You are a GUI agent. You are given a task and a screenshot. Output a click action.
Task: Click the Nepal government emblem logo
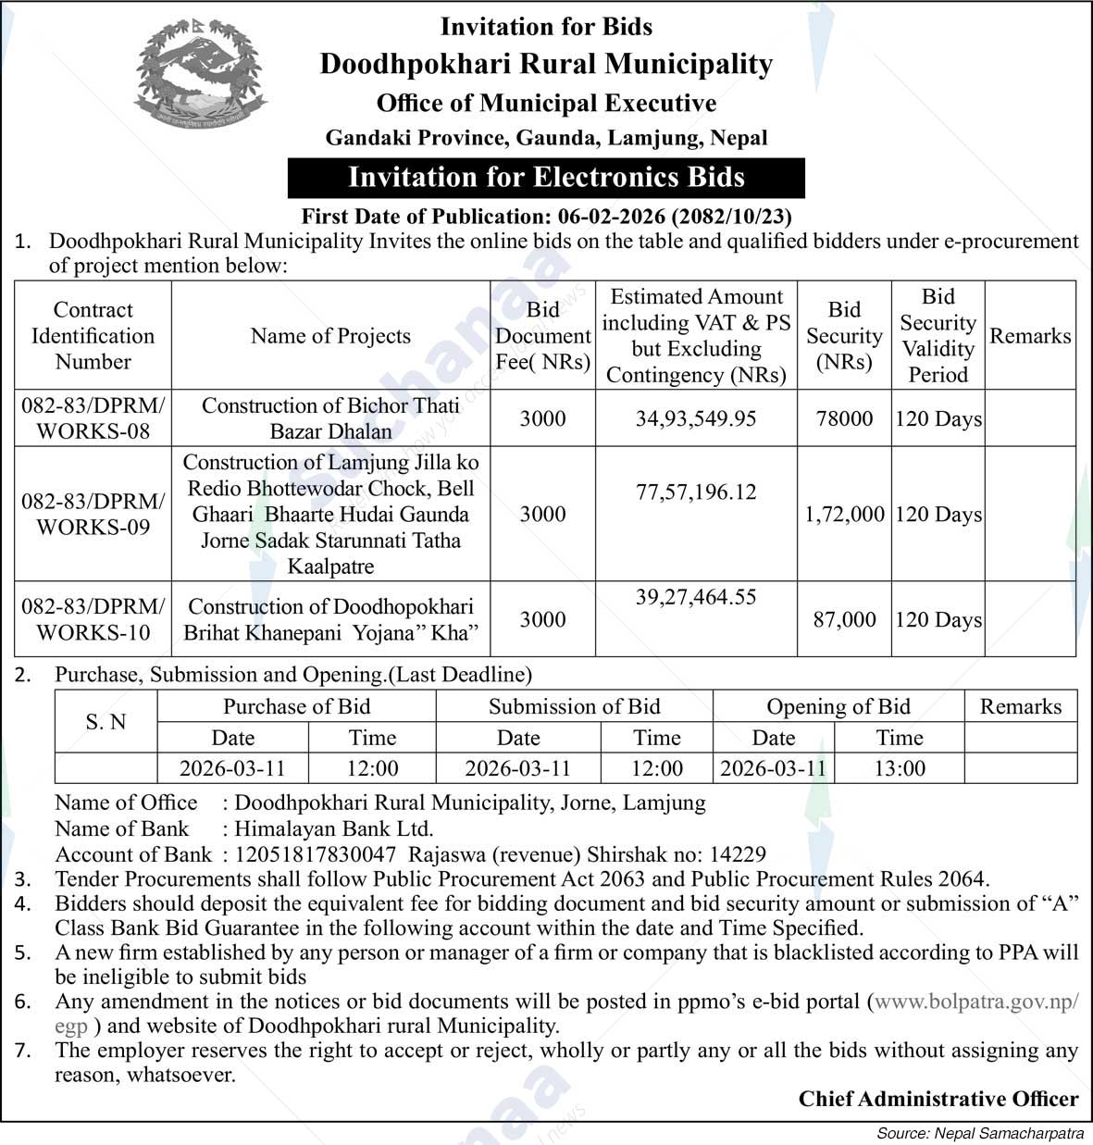tap(200, 73)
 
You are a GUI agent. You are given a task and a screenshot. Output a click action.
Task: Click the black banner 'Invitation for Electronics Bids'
tap(546, 177)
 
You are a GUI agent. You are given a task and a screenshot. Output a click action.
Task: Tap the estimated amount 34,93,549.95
tap(696, 418)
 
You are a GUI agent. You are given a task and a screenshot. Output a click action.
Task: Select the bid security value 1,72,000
tap(844, 515)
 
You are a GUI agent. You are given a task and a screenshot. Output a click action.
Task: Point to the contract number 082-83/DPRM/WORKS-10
tap(93, 619)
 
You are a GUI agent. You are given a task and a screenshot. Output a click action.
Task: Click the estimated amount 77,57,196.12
tap(696, 492)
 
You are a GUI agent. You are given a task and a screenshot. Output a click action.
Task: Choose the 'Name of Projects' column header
tap(330, 336)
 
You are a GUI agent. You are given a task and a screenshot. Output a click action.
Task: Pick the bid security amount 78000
tap(844, 418)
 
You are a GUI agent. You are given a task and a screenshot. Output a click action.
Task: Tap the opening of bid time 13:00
tap(899, 768)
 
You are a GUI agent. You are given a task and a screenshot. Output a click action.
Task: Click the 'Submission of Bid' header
tap(574, 706)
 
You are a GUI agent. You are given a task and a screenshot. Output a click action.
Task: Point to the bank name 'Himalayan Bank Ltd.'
tap(334, 828)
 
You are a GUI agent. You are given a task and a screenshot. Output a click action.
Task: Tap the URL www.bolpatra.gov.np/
tap(975, 1002)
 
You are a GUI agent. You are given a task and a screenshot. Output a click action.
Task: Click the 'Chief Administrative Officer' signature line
tap(938, 1099)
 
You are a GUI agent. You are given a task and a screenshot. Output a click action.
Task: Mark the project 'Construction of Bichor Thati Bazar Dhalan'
tap(330, 418)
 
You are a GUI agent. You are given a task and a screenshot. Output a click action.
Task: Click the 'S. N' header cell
tap(106, 722)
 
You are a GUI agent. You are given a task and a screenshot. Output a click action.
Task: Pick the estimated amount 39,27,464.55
tap(696, 597)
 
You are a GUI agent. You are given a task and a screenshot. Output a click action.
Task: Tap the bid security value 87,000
tap(844, 619)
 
